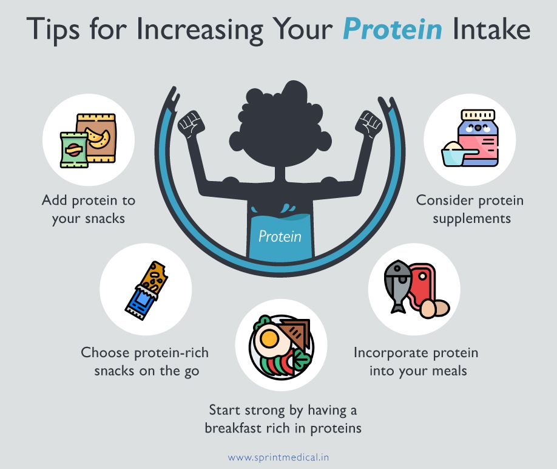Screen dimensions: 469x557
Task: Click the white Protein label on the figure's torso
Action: click(280, 236)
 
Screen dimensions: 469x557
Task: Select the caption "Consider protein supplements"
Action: click(470, 209)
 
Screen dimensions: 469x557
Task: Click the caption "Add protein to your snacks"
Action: click(89, 209)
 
